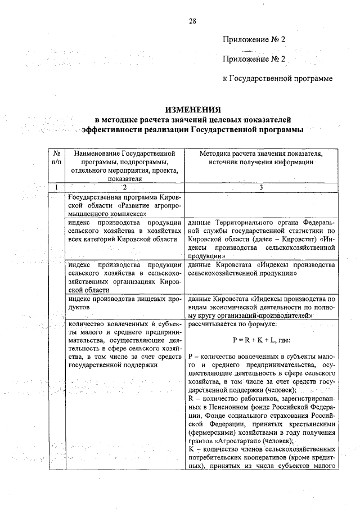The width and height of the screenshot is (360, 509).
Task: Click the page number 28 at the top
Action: [192, 21]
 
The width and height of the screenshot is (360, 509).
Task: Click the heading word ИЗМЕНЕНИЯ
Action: [192, 109]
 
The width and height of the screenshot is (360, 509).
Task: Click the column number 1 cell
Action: [56, 187]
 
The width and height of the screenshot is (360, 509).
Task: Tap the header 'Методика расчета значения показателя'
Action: [261, 153]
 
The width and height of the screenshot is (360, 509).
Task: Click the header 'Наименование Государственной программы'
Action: [124, 153]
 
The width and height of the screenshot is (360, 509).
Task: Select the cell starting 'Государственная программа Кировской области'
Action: [124, 205]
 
